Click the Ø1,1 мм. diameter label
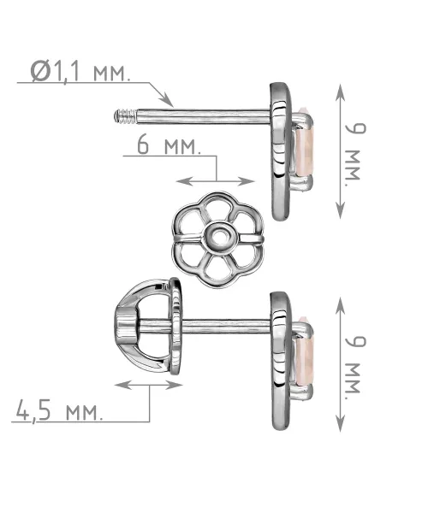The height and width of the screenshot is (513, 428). tap(80, 72)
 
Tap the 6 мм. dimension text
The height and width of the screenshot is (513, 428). tap(169, 145)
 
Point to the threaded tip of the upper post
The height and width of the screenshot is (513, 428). tap(125, 116)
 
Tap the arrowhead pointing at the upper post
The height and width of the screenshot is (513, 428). tap(167, 100)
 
